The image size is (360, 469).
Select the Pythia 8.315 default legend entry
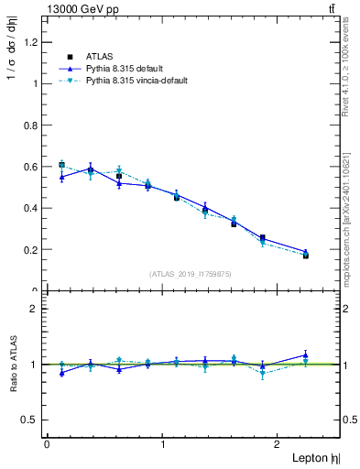[x=124, y=68]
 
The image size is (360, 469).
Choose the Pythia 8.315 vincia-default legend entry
[x=136, y=82]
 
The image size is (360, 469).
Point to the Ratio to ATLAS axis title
[x=11, y=365]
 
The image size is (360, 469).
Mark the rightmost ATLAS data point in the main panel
[x=306, y=256]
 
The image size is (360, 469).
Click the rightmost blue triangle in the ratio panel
[x=306, y=354]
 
